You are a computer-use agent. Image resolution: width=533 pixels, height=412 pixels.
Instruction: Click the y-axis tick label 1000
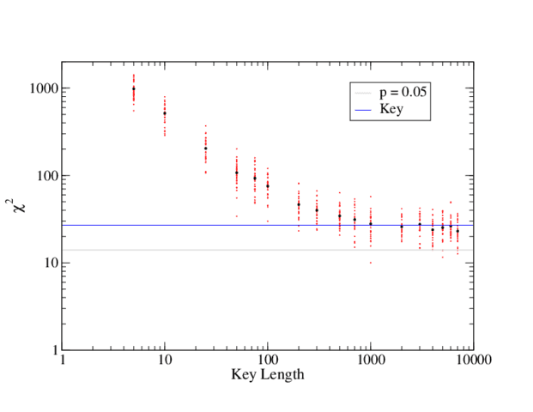click(x=43, y=88)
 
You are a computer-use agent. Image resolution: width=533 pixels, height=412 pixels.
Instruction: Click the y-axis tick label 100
click(x=46, y=176)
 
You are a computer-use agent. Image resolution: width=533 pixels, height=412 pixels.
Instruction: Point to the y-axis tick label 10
click(x=50, y=263)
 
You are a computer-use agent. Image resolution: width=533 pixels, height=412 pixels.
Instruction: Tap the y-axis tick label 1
click(x=53, y=350)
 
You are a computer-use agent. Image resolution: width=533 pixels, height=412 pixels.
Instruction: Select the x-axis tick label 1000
click(x=371, y=362)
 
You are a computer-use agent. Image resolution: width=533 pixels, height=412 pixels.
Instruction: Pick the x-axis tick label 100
click(x=268, y=362)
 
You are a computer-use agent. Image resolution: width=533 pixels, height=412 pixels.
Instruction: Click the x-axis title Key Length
click(x=268, y=376)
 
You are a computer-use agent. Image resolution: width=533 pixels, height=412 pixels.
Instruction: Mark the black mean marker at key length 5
click(x=134, y=88)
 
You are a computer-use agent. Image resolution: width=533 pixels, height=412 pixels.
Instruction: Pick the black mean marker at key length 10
click(x=165, y=113)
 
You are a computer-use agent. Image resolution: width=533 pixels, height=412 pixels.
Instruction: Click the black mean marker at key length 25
click(x=206, y=148)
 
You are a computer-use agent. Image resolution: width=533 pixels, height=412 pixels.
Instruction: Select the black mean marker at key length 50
click(x=237, y=173)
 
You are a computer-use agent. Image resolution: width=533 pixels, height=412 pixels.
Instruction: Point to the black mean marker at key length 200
click(x=299, y=204)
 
